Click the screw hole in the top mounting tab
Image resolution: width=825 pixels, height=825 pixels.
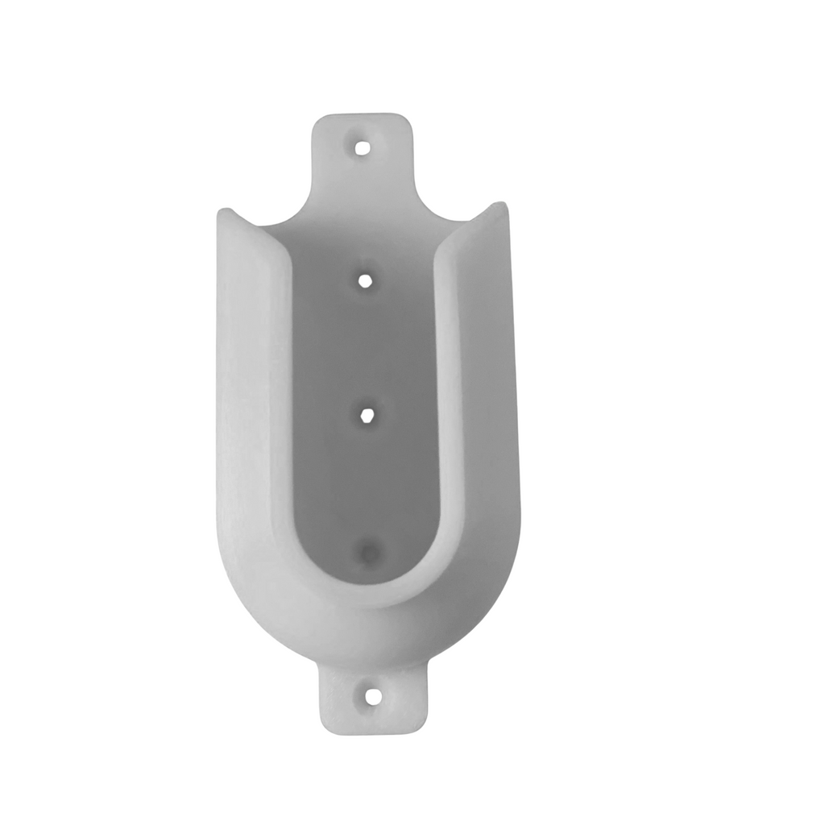(x=363, y=147)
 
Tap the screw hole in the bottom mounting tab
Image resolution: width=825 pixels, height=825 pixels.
(x=372, y=696)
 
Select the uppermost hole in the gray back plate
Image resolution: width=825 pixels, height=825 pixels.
(x=365, y=280)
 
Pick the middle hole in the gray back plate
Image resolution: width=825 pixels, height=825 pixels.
(x=366, y=415)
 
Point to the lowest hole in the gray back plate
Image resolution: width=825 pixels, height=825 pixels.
(x=369, y=553)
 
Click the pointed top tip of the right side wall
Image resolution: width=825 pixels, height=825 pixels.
(x=500, y=205)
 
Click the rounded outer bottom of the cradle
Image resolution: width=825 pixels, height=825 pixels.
(x=371, y=636)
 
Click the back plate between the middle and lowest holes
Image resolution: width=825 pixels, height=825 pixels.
(x=367, y=483)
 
